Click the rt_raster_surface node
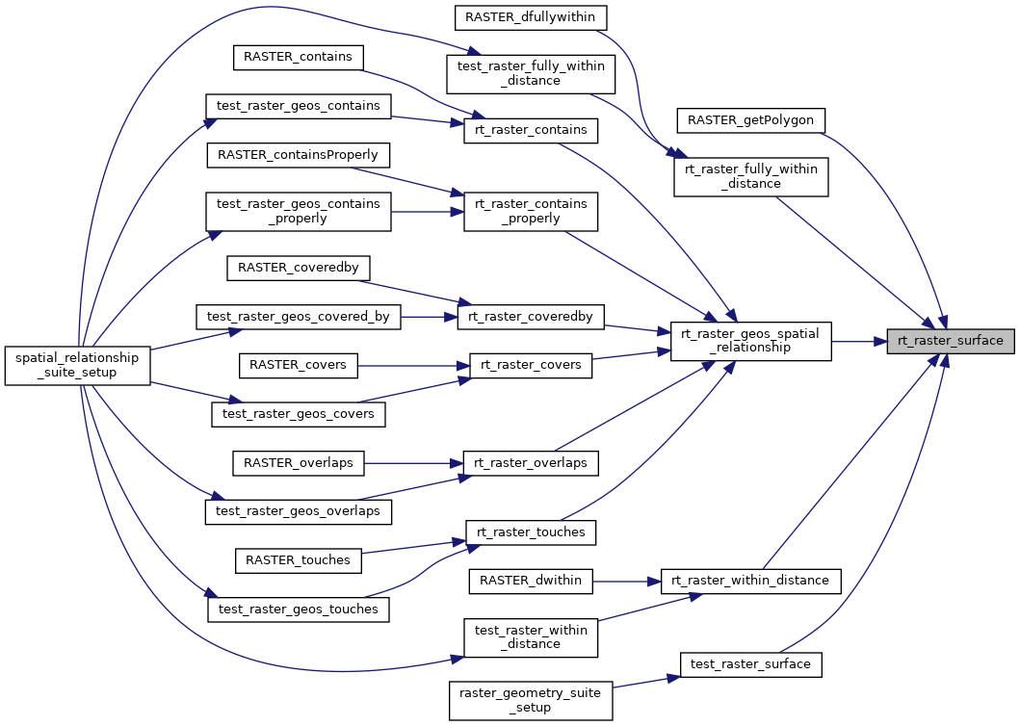tap(950, 341)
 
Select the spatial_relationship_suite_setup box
tap(77, 366)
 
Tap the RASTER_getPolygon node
tap(750, 120)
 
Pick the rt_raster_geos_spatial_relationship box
tap(750, 341)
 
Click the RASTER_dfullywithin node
tap(530, 16)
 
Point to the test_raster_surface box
tap(751, 663)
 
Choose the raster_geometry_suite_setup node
tap(532, 700)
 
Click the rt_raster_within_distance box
tap(750, 581)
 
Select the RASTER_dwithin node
tap(530, 581)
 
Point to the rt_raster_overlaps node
tap(531, 463)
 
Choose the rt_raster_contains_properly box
tap(531, 211)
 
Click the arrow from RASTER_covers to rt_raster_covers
tap(414, 366)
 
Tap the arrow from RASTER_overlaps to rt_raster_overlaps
tap(414, 463)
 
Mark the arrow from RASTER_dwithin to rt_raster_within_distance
tap(626, 581)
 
